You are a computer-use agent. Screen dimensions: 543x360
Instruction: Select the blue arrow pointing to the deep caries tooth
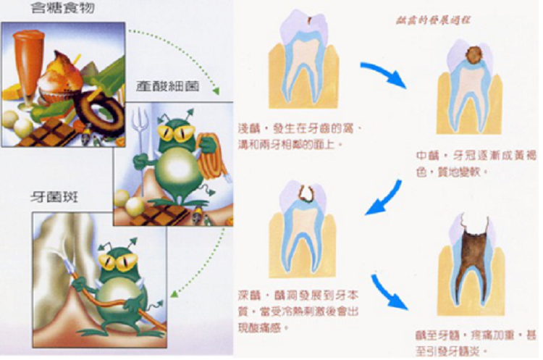[384, 198]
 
